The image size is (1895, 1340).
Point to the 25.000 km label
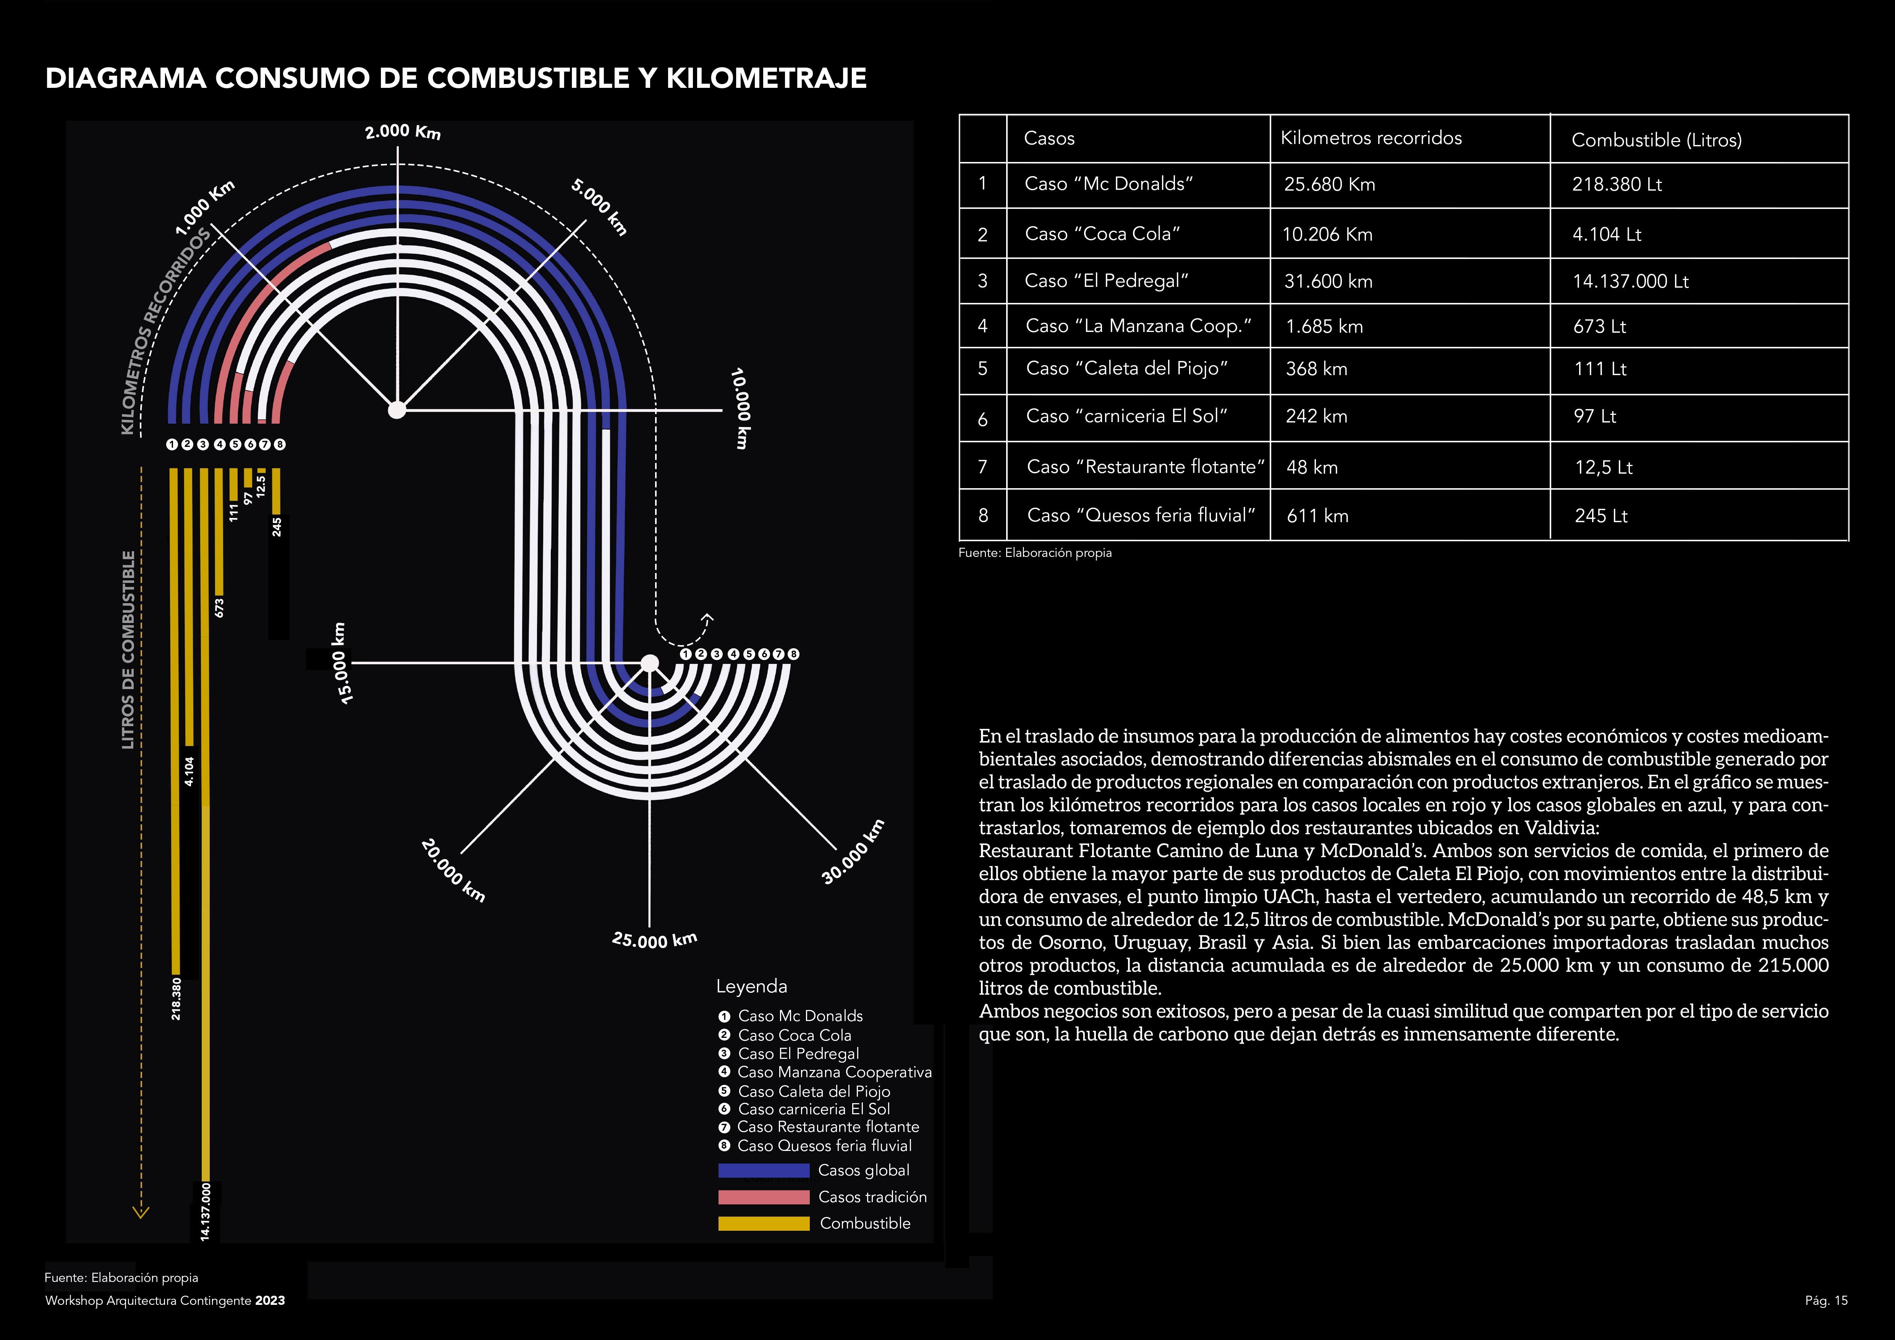[x=654, y=940]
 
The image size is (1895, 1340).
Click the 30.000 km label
[x=853, y=852]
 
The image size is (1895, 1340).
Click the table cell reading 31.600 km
[x=1328, y=282]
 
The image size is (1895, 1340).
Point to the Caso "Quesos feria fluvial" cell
[x=1141, y=516]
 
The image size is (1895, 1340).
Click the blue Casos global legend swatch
[x=764, y=1170]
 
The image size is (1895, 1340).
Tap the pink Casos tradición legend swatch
[x=764, y=1196]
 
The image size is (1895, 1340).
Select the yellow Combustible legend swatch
[x=764, y=1223]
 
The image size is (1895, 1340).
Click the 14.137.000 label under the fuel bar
[x=206, y=1211]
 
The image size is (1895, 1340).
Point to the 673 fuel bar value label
[x=219, y=607]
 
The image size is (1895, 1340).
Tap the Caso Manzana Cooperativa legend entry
[x=833, y=1072]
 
